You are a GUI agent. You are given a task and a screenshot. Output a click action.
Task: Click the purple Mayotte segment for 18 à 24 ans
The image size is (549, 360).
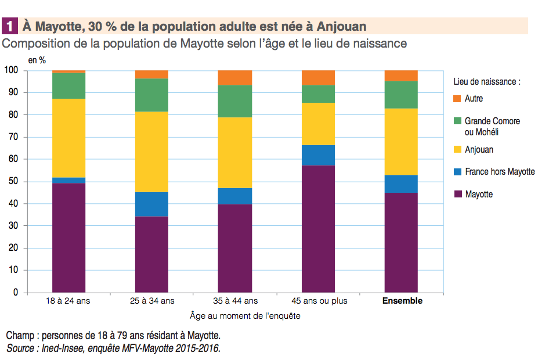68,237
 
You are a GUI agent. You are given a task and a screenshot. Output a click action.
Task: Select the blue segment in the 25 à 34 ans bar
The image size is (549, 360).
151,204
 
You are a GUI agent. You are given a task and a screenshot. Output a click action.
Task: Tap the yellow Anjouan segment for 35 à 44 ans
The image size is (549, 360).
234,153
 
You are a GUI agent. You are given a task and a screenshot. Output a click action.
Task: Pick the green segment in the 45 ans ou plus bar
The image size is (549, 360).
318,94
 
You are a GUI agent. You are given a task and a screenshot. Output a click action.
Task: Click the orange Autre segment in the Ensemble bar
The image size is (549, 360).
401,75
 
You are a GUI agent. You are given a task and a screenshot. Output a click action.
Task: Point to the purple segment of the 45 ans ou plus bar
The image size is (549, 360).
318,229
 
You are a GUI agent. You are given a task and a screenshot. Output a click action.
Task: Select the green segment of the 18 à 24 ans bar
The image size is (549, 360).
68,86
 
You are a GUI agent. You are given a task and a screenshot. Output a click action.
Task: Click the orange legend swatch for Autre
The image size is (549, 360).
457,99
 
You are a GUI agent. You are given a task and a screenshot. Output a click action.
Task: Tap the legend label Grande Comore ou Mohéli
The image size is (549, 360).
492,127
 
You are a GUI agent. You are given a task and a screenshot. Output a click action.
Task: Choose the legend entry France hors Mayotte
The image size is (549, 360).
500,172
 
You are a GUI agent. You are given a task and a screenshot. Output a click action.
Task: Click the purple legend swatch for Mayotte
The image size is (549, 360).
457,195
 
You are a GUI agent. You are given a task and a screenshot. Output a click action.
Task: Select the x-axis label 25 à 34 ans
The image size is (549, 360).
151,301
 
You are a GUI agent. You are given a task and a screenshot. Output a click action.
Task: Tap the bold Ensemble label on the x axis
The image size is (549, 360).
402,301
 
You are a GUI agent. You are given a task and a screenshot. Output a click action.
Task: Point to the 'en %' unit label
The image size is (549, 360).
37,60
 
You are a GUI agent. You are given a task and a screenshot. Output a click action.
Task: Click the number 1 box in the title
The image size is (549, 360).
10,26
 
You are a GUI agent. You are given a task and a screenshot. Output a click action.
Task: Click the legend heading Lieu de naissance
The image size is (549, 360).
486,82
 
